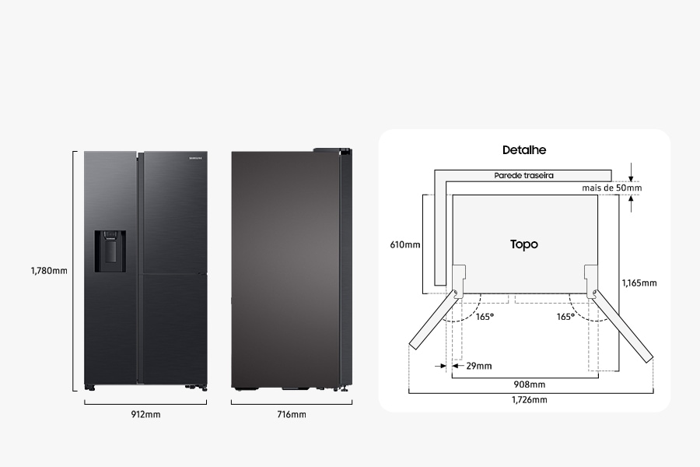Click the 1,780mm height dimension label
pyautogui.click(x=49, y=270)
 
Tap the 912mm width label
pyautogui.click(x=145, y=414)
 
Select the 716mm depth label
pyautogui.click(x=292, y=414)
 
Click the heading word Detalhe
pyautogui.click(x=524, y=149)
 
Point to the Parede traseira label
pyautogui.click(x=523, y=175)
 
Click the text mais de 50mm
pyautogui.click(x=611, y=188)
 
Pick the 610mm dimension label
pyautogui.click(x=405, y=244)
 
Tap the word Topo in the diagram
pyautogui.click(x=524, y=244)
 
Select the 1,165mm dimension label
pyautogui.click(x=639, y=283)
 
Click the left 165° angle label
pyautogui.click(x=485, y=317)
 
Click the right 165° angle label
pyautogui.click(x=565, y=317)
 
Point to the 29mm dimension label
pyautogui.click(x=478, y=366)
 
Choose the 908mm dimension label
pyautogui.click(x=529, y=384)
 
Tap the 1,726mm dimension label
pyautogui.click(x=529, y=399)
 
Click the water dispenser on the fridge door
pyautogui.click(x=110, y=251)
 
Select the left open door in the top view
pyautogui.click(x=434, y=319)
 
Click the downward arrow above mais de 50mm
pyautogui.click(x=631, y=173)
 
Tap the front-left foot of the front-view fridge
pyautogui.click(x=89, y=388)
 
